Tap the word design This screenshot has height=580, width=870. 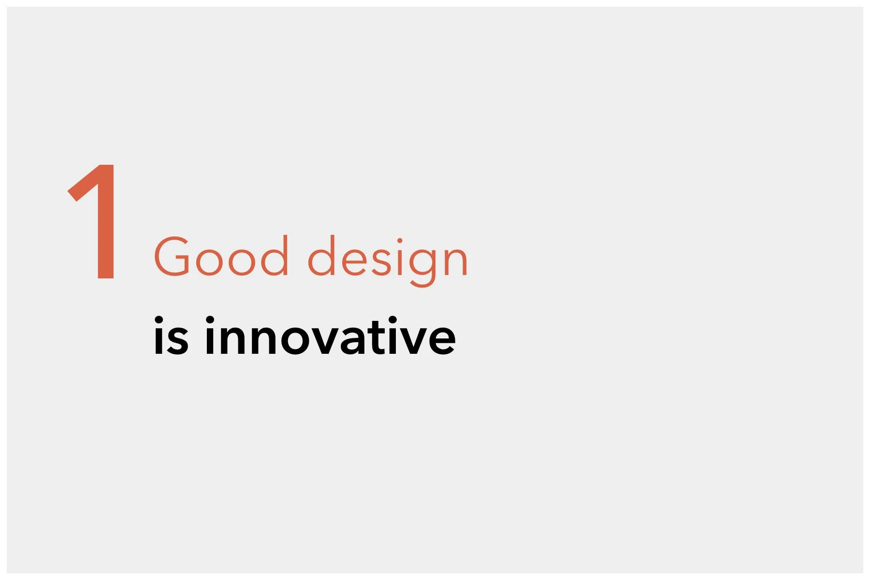pos(388,259)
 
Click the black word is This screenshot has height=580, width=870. pos(171,336)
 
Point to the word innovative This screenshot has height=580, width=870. pos(330,336)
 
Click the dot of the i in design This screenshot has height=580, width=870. pos(399,241)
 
